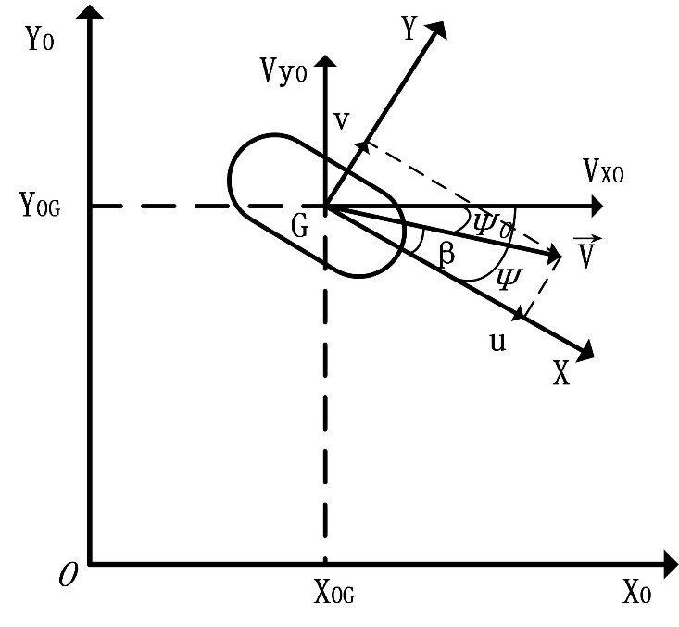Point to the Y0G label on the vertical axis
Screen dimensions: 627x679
click(40, 205)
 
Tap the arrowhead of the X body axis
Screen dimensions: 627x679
click(585, 351)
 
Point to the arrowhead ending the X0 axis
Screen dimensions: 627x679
click(669, 563)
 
